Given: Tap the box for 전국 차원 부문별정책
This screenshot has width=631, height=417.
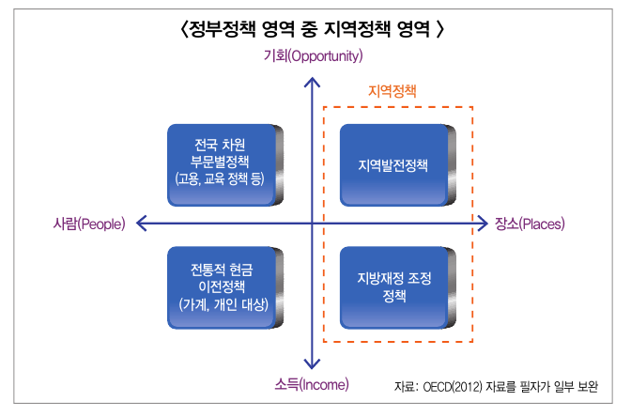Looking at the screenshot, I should pos(222,165).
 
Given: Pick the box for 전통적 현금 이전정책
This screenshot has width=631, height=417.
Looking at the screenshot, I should pos(222,286).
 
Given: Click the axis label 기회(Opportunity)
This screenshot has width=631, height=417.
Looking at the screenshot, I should pos(313,56).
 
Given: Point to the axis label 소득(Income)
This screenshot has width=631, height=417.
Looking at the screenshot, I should pos(312,384).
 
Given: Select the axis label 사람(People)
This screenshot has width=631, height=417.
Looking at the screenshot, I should pos(89,224).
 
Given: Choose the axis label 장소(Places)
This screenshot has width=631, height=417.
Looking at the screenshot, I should pos(531,224).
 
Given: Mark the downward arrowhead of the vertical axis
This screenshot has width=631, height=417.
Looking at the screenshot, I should pos(312,364).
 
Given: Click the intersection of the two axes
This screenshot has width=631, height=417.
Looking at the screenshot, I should pos(312,224).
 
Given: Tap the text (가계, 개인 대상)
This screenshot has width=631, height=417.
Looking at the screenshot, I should pos(222,304).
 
